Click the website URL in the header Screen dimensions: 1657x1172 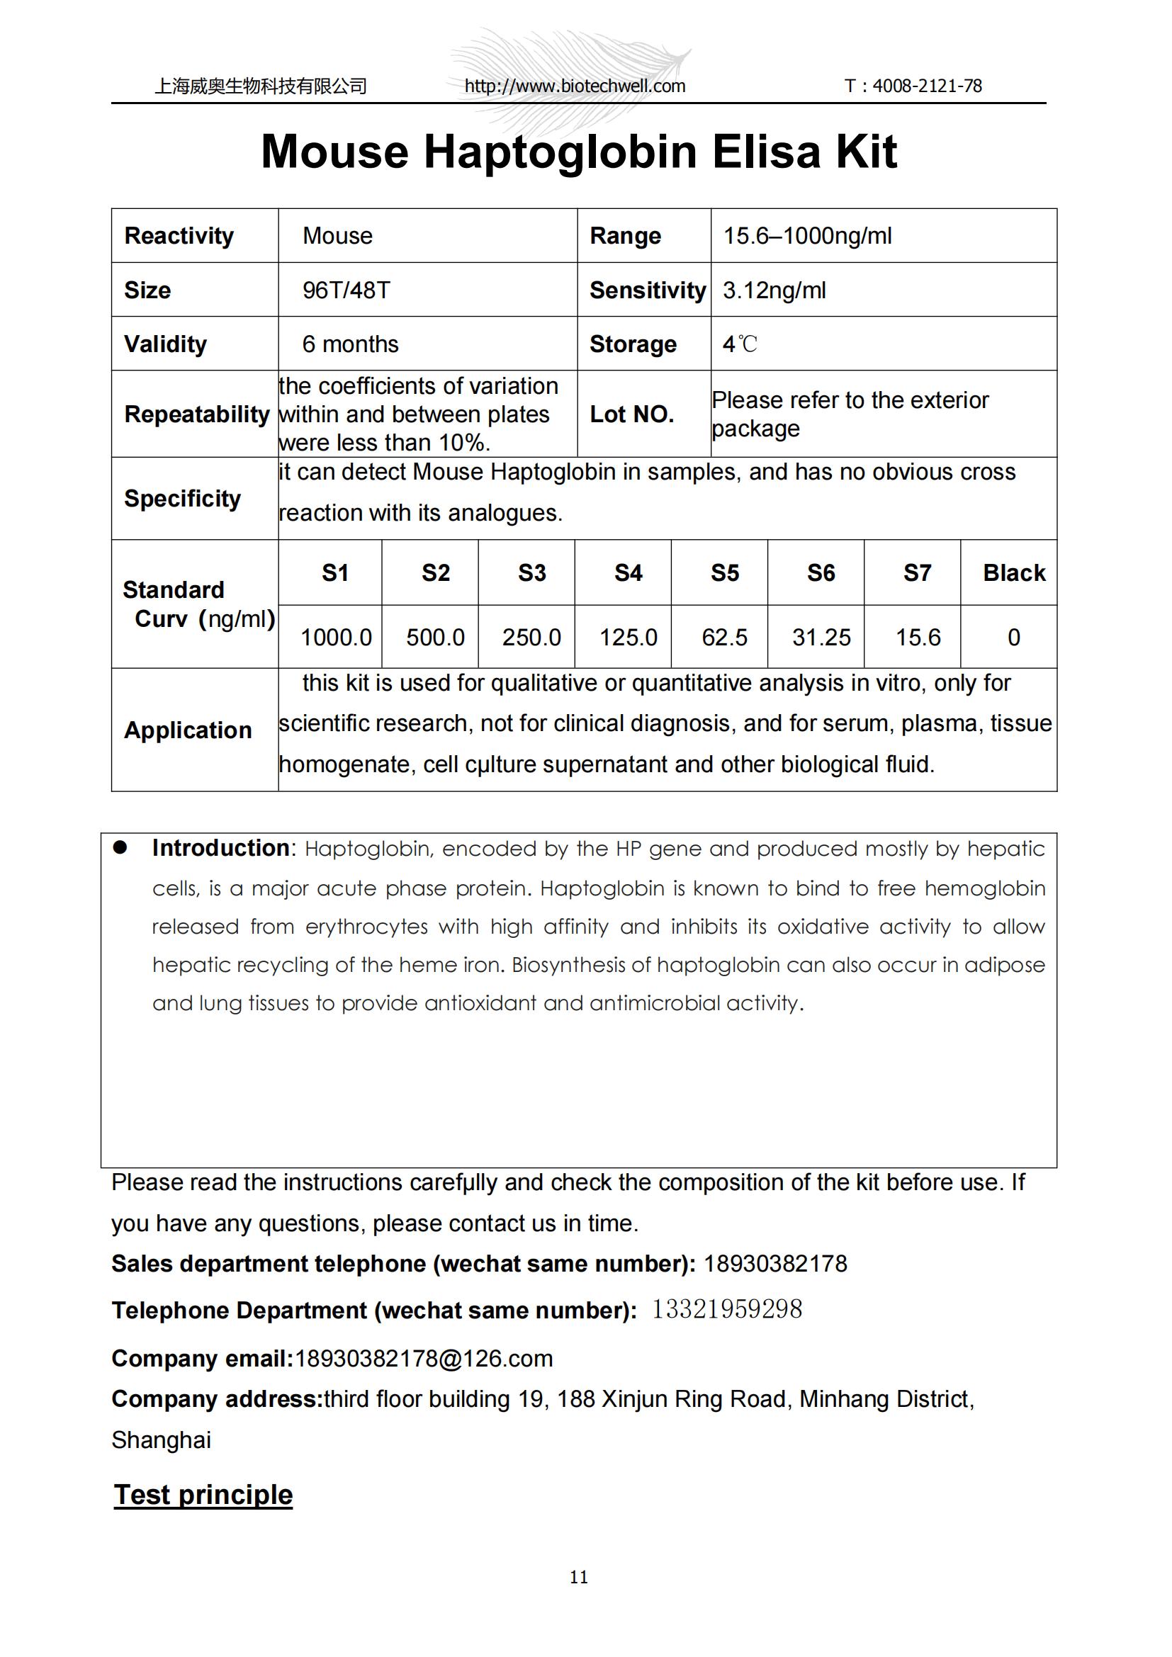pyautogui.click(x=575, y=86)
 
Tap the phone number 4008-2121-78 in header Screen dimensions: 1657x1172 pyautogui.click(x=927, y=86)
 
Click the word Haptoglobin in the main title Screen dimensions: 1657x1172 pyautogui.click(x=560, y=152)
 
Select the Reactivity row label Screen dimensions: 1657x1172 pyautogui.click(x=179, y=236)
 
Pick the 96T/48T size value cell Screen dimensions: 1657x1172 pyautogui.click(x=346, y=290)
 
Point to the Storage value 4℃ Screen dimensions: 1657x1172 pyautogui.click(x=740, y=344)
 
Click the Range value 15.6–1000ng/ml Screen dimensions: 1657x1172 pyautogui.click(x=808, y=236)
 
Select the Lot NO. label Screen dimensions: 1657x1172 pyautogui.click(x=631, y=414)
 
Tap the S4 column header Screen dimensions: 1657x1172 pyautogui.click(x=628, y=573)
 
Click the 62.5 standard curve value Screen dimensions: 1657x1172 pyautogui.click(x=725, y=638)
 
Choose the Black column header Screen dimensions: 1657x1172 pyautogui.click(x=1013, y=573)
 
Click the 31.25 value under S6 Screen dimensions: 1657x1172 pyautogui.click(x=821, y=638)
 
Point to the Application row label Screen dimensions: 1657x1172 pyautogui.click(x=188, y=730)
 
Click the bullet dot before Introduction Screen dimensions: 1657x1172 pyautogui.click(x=120, y=848)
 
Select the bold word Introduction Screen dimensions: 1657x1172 pyautogui.click(x=221, y=848)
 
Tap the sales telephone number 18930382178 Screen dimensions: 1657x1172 pyautogui.click(x=775, y=1264)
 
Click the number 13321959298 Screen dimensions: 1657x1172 pyautogui.click(x=727, y=1309)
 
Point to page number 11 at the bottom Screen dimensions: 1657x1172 pyautogui.click(x=579, y=1577)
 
